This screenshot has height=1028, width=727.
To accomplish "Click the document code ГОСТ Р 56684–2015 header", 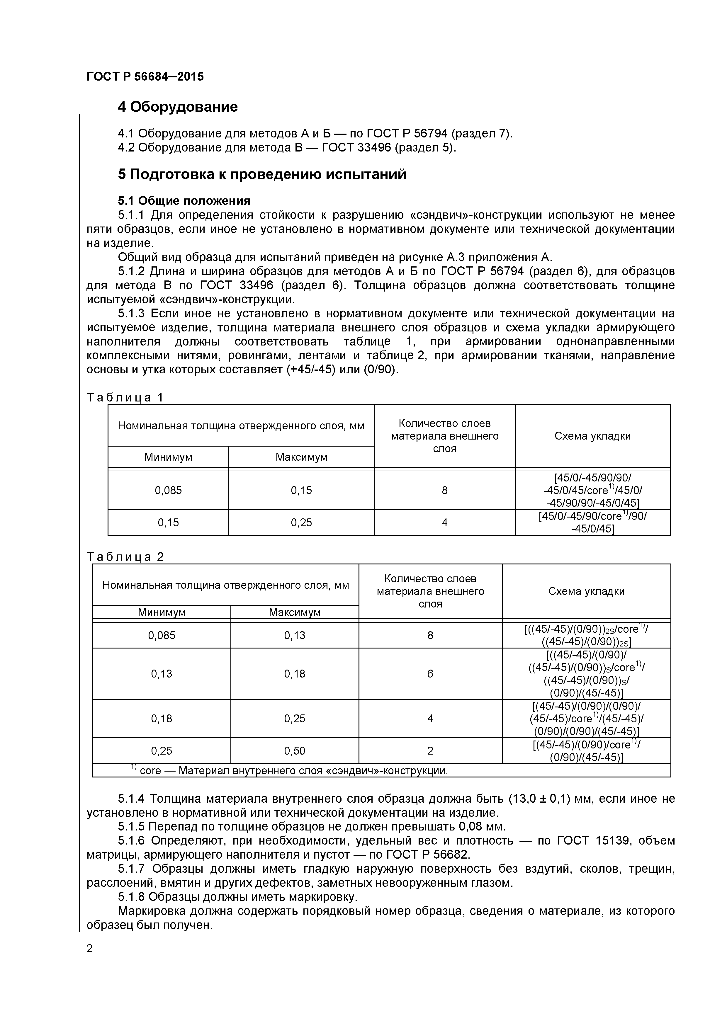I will click(x=145, y=76).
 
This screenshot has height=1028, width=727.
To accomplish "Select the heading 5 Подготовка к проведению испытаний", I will click(x=262, y=174).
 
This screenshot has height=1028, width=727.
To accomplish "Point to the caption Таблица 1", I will click(x=125, y=397).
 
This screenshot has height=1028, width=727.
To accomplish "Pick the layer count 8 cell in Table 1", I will click(x=444, y=490).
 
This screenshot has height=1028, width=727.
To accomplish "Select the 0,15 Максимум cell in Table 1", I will click(x=301, y=490).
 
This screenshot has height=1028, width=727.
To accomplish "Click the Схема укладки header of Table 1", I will click(x=592, y=436).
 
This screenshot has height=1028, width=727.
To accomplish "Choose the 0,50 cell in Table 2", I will click(x=294, y=751).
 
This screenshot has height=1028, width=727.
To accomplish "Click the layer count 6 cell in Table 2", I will click(x=430, y=674).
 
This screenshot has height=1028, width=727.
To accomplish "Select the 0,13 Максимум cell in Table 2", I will click(x=294, y=635).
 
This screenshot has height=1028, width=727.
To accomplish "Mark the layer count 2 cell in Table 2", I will click(x=430, y=751).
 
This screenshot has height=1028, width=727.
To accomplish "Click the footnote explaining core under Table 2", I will click(x=291, y=770).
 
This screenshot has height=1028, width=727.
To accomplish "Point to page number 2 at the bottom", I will click(x=90, y=948).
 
